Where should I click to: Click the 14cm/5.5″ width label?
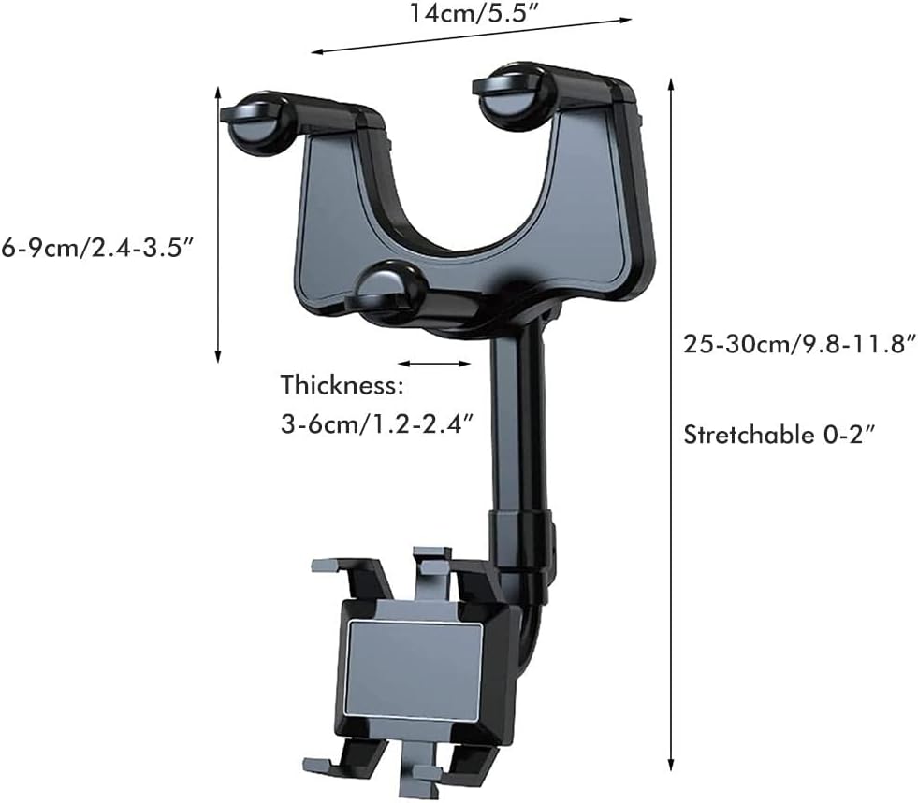pos(474,13)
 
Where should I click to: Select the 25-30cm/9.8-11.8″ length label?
pos(800,344)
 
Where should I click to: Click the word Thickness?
pos(342,385)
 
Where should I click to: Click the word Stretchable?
pos(745,435)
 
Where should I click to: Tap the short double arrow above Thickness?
pos(434,364)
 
